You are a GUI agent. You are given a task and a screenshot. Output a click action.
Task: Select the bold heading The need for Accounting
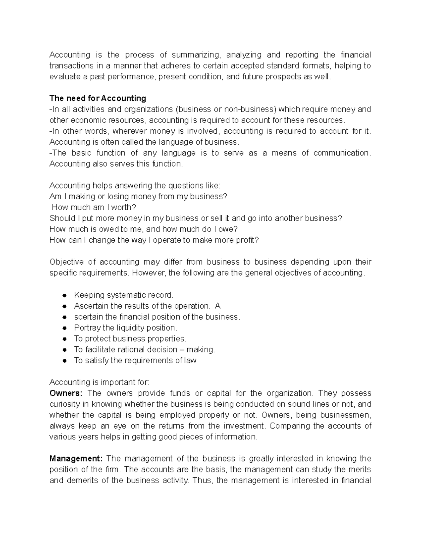(98, 98)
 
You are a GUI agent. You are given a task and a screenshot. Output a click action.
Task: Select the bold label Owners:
(66, 393)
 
